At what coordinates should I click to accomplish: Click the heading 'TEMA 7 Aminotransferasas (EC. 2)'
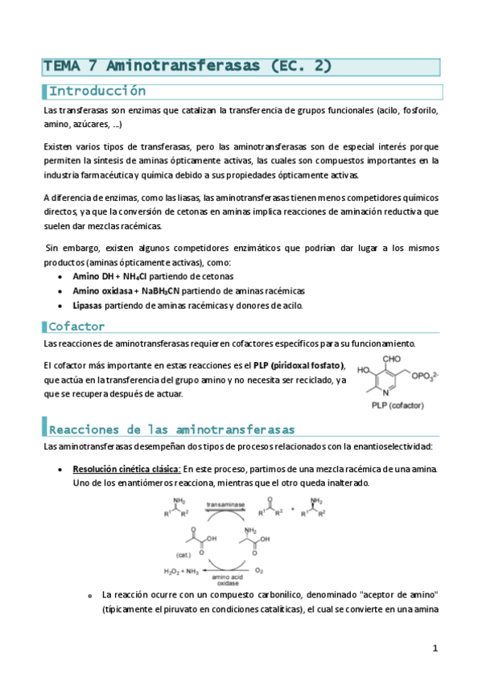tap(187, 66)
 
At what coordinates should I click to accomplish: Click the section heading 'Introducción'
tap(97, 91)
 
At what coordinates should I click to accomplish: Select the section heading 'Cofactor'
tap(76, 327)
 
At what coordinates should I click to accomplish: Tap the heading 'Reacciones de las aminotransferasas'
tap(172, 429)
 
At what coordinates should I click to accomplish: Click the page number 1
tap(435, 647)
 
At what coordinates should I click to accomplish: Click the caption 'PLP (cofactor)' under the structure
tap(397, 407)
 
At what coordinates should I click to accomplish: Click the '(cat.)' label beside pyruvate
tap(183, 554)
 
